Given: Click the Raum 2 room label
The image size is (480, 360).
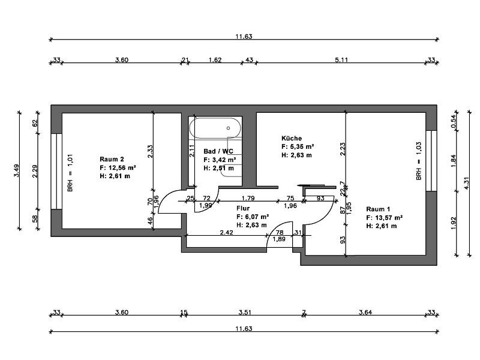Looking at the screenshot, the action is click(x=112, y=159).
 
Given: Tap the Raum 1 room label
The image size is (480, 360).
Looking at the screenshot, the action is click(x=378, y=209).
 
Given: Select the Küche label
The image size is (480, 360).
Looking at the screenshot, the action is click(x=292, y=139).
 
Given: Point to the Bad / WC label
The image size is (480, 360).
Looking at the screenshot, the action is click(x=218, y=151).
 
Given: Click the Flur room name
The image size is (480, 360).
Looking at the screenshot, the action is click(x=243, y=208).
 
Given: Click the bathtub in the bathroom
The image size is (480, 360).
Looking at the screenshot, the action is click(x=215, y=128).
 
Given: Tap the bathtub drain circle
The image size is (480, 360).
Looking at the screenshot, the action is click(x=229, y=128).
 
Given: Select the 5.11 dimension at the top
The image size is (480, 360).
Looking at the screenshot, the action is click(x=341, y=59).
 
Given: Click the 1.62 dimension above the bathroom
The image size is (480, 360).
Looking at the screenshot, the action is click(x=215, y=59).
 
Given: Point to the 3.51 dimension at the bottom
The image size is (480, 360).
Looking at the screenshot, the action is click(x=245, y=312).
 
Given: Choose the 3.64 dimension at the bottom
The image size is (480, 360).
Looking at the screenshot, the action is click(x=365, y=312).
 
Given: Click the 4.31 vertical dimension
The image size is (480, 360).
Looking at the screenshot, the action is click(x=467, y=184).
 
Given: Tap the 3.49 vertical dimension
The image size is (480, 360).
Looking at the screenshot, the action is click(x=16, y=170).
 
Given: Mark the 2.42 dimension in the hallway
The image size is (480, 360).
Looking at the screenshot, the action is click(x=227, y=233).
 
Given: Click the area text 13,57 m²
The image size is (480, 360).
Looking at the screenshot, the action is click(x=389, y=218).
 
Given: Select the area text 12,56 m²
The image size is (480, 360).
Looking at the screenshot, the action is click(x=122, y=167).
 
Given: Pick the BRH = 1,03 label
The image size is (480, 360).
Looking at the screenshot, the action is click(x=419, y=161).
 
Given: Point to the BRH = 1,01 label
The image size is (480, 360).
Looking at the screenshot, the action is click(x=70, y=173).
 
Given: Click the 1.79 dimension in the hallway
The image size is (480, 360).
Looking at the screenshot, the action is click(x=248, y=198).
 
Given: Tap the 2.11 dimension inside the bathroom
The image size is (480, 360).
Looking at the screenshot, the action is click(x=192, y=151).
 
